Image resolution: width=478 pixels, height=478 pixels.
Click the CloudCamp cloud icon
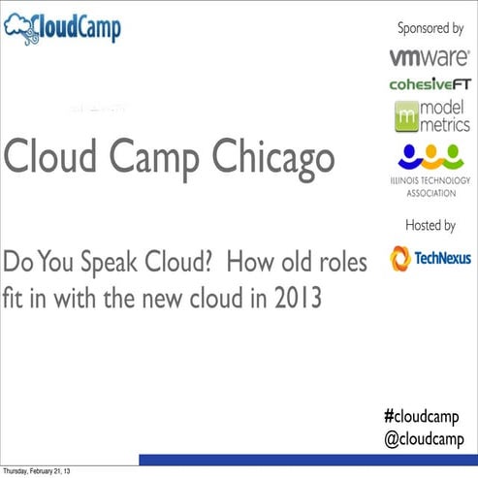pyautogui.click(x=20, y=27)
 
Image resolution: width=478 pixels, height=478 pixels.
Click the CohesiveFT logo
pyautogui.click(x=430, y=84)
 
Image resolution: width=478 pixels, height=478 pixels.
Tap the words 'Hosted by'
pyautogui.click(x=430, y=226)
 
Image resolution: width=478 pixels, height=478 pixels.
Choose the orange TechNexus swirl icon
pyautogui.click(x=400, y=258)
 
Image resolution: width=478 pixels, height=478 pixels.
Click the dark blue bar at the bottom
pyautogui.click(x=307, y=460)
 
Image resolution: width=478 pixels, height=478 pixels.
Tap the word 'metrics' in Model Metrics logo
pyautogui.click(x=446, y=124)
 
